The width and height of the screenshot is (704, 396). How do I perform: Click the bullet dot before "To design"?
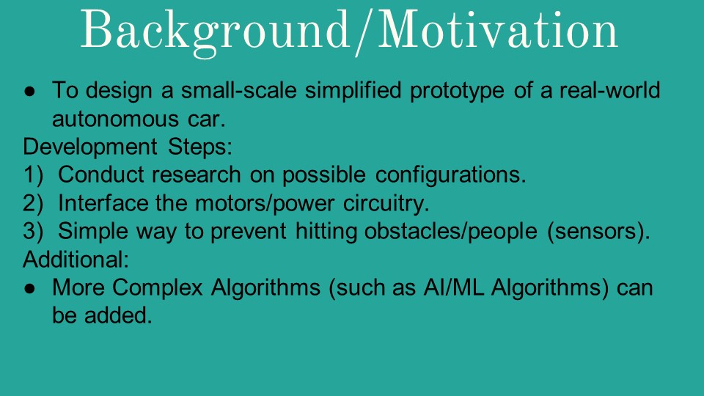pyautogui.click(x=29, y=91)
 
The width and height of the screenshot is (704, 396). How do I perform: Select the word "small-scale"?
pyautogui.click(x=239, y=90)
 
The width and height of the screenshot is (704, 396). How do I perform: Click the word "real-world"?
pyautogui.click(x=609, y=90)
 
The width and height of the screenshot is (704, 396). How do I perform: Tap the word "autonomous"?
pyautogui.click(x=115, y=120)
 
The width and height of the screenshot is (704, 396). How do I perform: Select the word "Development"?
pyautogui.click(x=89, y=147)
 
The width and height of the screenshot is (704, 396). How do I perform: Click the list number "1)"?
pyautogui.click(x=33, y=175)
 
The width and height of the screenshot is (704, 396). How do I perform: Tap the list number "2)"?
pyautogui.click(x=33, y=203)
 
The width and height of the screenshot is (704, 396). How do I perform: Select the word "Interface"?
pyautogui.click(x=103, y=203)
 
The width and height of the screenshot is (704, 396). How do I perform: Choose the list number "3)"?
pyautogui.click(x=33, y=231)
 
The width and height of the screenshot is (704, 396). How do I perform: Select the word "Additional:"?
pyautogui.click(x=76, y=260)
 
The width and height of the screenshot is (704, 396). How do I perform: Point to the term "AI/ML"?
pyautogui.click(x=453, y=287)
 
